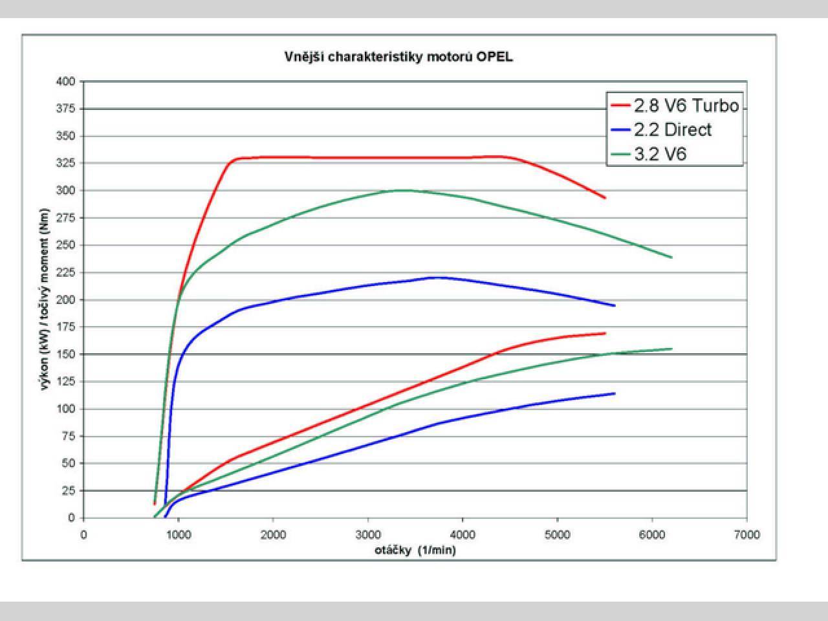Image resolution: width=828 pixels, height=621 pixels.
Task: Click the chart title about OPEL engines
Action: pos(398,57)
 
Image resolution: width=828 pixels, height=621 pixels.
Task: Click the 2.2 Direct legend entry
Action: pos(672,129)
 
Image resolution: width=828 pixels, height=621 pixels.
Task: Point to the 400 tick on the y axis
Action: pos(67,82)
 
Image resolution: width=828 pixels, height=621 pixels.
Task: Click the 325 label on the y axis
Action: pos(67,164)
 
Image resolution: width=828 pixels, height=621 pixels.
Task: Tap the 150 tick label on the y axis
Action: pos(67,354)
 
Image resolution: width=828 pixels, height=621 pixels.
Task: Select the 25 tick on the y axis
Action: pos(69,491)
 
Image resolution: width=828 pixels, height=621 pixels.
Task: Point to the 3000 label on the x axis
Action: pos(367,535)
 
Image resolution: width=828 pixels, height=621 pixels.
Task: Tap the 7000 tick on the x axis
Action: pos(747,535)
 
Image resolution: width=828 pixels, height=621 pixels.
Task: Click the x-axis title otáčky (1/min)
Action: pos(415,550)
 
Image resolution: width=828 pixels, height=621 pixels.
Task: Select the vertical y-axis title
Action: pos(45,300)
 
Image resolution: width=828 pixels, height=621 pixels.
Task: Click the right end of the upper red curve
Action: pos(605,198)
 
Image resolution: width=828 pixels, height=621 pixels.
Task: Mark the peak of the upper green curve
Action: pos(402,190)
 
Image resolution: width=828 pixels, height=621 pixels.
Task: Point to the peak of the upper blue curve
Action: pos(439,278)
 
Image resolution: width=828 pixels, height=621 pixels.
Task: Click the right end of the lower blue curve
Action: pos(615,393)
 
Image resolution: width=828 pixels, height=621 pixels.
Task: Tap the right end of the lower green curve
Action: pos(671,349)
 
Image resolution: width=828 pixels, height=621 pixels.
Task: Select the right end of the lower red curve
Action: pos(605,333)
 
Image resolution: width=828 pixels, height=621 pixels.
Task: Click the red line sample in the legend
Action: pos(620,105)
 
